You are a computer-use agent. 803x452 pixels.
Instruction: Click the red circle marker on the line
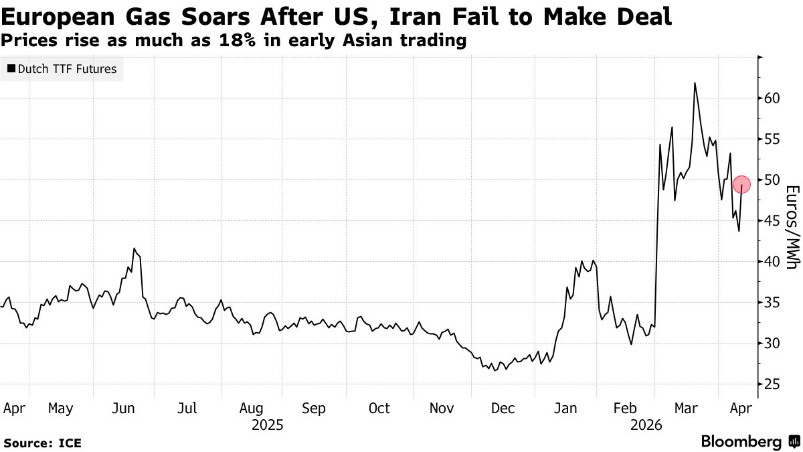click(742, 184)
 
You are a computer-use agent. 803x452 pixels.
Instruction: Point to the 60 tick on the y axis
click(773, 98)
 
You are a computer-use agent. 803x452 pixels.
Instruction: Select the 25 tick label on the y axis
click(773, 384)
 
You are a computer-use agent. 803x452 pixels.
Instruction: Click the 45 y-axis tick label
click(773, 221)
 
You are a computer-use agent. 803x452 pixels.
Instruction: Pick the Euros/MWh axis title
click(791, 227)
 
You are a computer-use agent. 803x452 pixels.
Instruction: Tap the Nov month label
click(442, 408)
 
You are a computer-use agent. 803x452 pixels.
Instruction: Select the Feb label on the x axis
click(625, 408)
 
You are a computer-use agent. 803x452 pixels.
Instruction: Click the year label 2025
click(267, 425)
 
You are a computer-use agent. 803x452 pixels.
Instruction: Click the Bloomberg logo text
click(741, 442)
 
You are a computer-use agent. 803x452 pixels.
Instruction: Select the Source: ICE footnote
click(42, 443)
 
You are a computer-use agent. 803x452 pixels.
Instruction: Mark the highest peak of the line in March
click(695, 83)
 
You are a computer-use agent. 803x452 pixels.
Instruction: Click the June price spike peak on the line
click(135, 248)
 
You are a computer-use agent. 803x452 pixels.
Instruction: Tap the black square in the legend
click(11, 69)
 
